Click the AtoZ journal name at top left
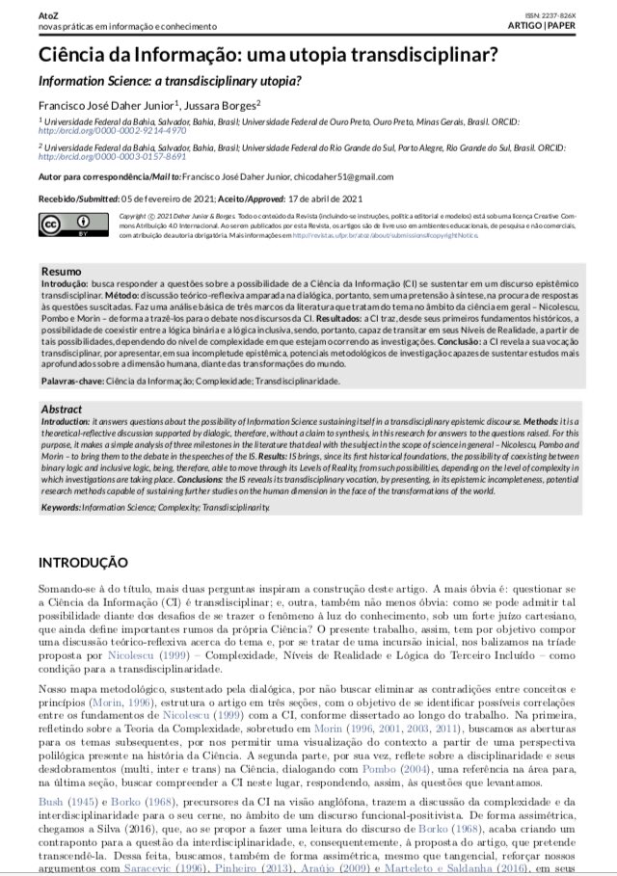pos(49,13)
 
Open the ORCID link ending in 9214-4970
pos(99,132)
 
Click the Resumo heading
pos(62,273)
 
